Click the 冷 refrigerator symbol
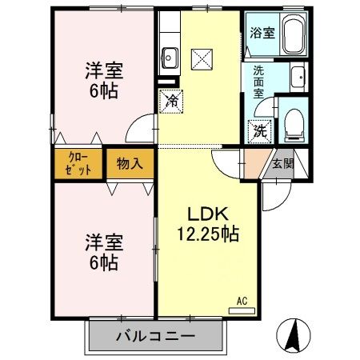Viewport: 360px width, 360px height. click(x=172, y=100)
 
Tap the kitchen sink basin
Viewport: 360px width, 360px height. click(x=170, y=58)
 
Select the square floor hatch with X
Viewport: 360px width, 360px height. click(x=202, y=58)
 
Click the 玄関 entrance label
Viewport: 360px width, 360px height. click(x=283, y=164)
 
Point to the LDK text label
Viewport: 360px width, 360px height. click(x=208, y=214)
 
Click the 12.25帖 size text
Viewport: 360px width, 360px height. click(x=208, y=234)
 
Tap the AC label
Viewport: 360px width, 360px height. click(x=242, y=301)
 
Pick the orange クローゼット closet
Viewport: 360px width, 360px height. click(x=78, y=163)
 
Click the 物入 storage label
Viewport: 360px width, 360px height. click(x=129, y=164)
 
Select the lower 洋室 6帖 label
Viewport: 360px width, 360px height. click(x=102, y=250)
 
